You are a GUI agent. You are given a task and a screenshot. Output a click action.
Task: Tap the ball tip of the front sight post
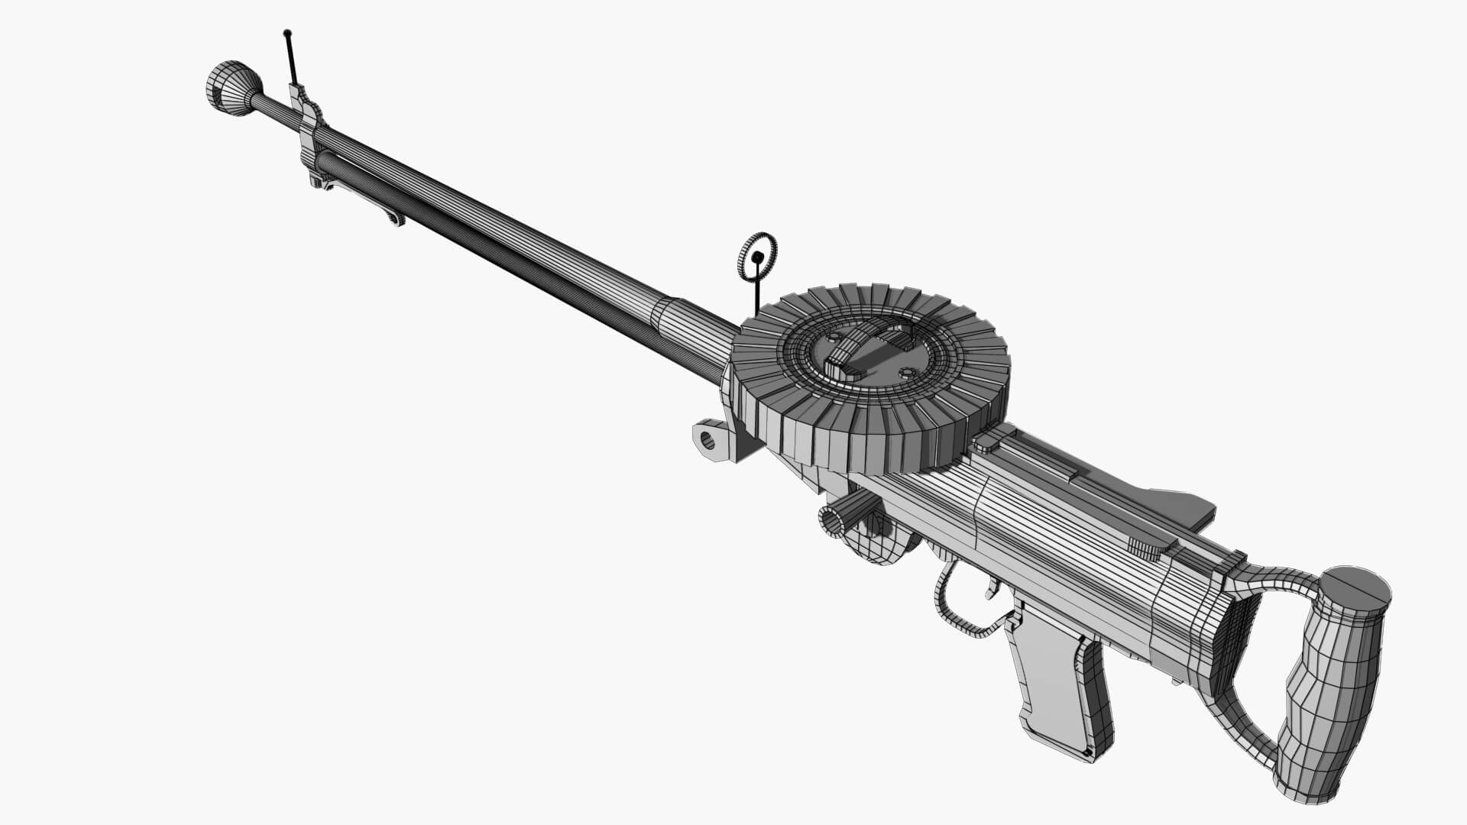[287, 33]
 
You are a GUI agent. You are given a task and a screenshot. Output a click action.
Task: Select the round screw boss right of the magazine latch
[907, 373]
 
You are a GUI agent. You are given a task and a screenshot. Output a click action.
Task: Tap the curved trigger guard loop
[955, 611]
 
